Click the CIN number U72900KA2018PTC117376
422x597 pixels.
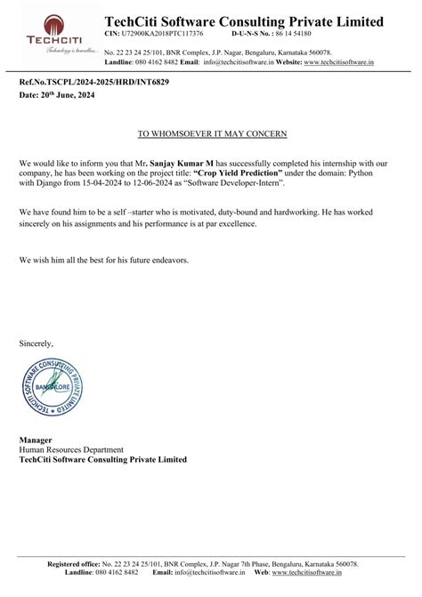(161, 33)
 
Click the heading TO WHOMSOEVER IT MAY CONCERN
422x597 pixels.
(211, 133)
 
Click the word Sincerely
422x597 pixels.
(37, 343)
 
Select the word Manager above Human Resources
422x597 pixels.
(36, 440)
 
